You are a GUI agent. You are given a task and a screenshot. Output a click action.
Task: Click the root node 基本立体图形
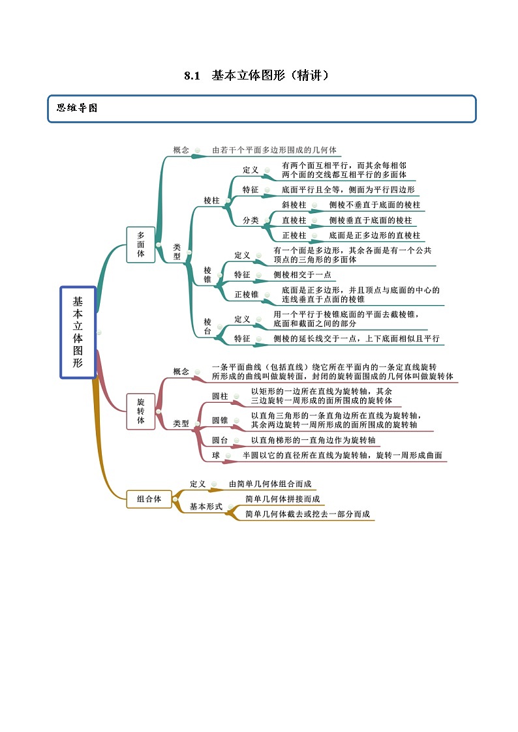tap(78, 332)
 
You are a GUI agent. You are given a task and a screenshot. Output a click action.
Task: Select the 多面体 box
tap(141, 244)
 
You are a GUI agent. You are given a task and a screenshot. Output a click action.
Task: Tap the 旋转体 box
tap(141, 411)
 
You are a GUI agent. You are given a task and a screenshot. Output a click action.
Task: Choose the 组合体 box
tap(149, 499)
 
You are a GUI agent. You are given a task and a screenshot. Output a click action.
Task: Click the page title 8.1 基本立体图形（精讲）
tap(258, 76)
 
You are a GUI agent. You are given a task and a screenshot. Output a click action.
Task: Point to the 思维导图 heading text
tap(77, 108)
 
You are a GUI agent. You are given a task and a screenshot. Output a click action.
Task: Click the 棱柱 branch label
tap(211, 200)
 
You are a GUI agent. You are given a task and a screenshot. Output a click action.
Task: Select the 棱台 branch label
tap(207, 327)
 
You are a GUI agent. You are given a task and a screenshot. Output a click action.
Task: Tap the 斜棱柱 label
tap(294, 205)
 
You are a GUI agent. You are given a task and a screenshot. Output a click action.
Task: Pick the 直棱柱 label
tap(294, 220)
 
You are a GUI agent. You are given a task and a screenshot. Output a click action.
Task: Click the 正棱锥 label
tap(247, 295)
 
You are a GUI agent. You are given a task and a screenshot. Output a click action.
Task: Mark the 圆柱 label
tap(220, 396)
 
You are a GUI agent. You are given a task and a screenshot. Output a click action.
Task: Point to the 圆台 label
tap(220, 441)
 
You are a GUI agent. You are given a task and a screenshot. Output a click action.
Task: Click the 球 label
tap(216, 456)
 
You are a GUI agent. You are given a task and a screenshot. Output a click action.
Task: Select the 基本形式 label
tap(206, 506)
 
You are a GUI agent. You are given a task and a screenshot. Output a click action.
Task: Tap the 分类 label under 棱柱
tap(251, 220)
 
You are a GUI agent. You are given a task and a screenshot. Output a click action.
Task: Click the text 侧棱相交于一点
tap(302, 275)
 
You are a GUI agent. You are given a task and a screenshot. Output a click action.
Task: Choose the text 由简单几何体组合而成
tap(270, 484)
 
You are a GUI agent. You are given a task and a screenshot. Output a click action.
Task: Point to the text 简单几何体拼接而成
tap(282, 499)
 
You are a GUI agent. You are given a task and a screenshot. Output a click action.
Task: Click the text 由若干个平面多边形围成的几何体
tap(274, 150)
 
